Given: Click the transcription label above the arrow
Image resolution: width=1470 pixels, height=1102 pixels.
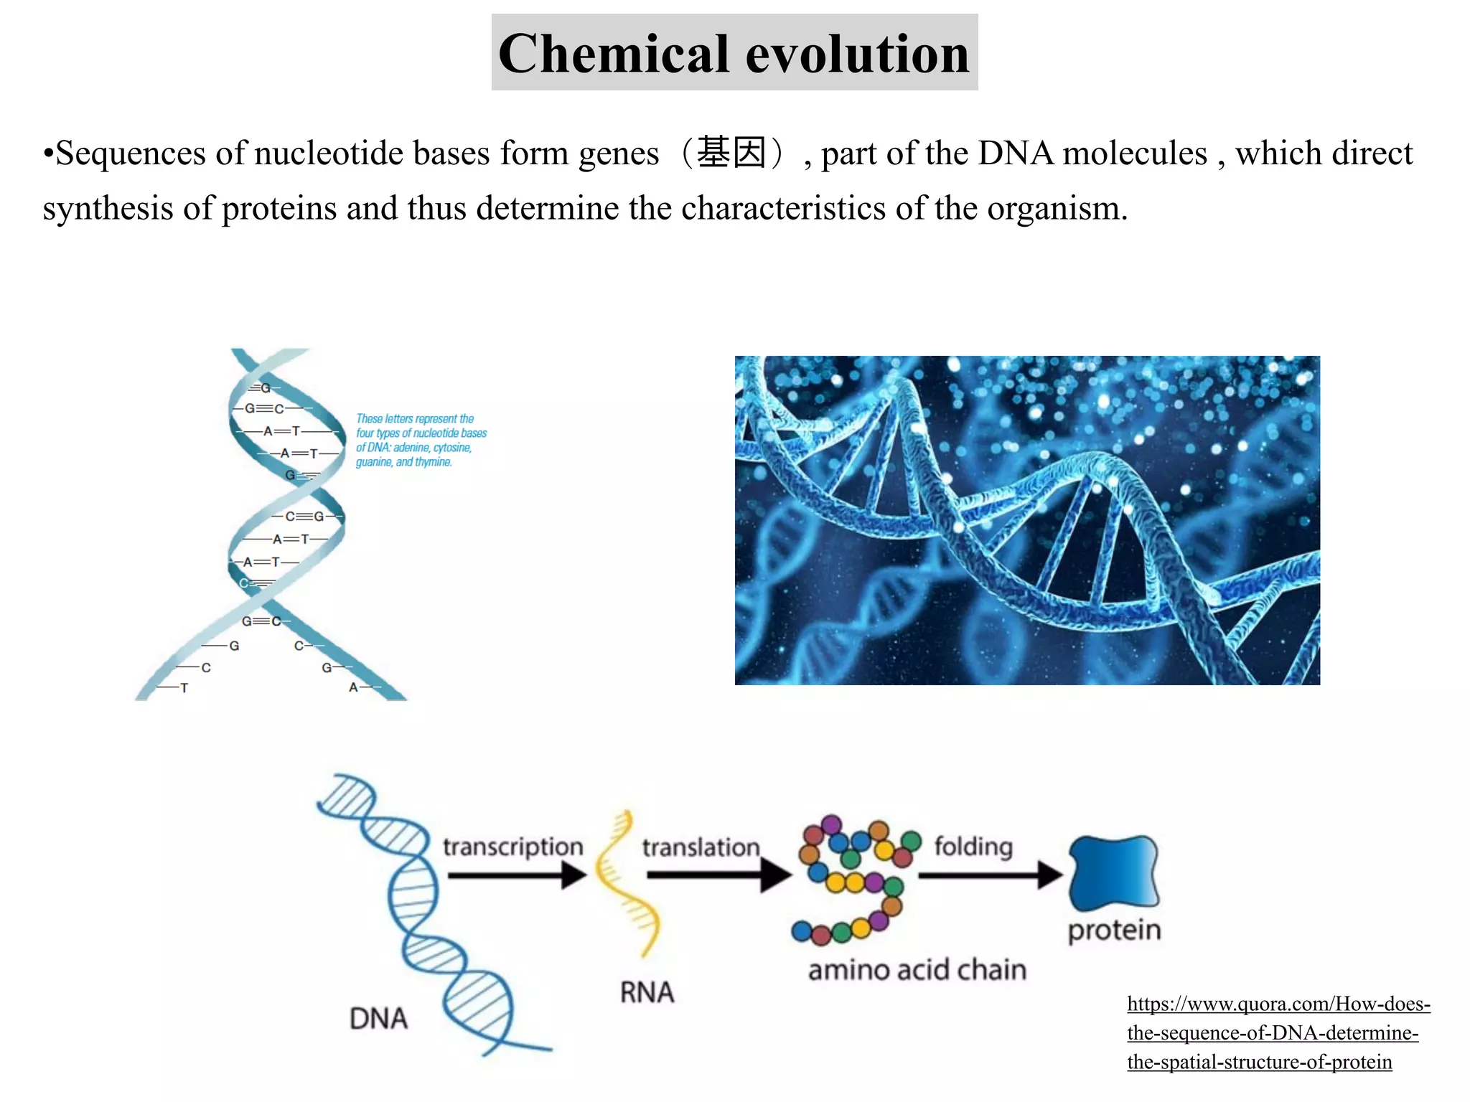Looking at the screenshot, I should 512,847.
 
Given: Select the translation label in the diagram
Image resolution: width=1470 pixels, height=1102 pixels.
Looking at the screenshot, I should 701,847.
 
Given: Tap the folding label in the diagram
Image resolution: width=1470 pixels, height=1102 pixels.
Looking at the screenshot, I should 973,847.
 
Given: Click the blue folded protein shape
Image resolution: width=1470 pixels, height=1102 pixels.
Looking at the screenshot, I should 1113,872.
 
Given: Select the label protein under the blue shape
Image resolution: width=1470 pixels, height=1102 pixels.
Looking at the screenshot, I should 1114,931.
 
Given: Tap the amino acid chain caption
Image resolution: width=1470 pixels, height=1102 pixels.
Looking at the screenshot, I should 917,970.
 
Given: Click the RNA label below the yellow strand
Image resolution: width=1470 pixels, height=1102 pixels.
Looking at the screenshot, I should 647,993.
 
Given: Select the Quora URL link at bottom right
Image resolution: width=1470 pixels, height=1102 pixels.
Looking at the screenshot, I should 1278,1032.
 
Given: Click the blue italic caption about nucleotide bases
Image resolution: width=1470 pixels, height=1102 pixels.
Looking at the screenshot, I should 421,440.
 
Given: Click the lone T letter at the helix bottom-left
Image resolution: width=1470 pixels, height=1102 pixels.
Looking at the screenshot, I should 184,688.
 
